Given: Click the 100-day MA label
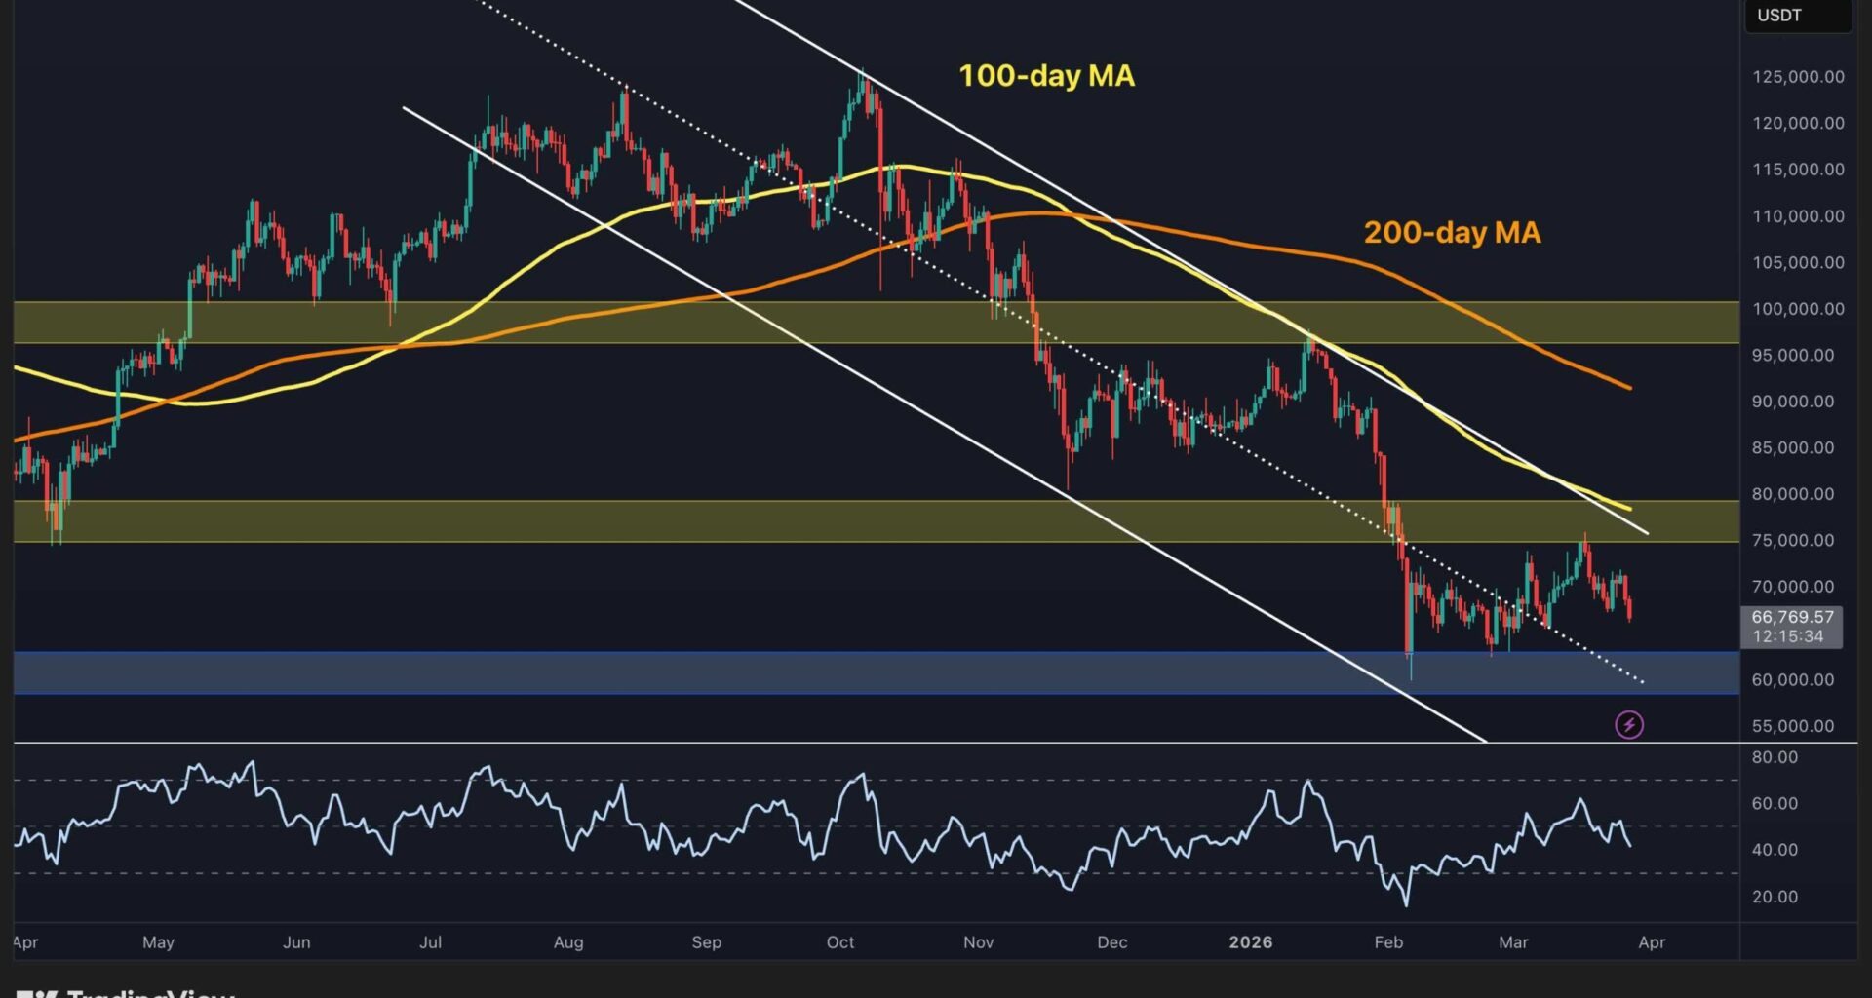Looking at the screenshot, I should [1046, 76].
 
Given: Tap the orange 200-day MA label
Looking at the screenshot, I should [1452, 232].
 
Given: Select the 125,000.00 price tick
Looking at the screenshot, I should [1798, 77].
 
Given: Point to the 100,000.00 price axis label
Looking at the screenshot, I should [1798, 309].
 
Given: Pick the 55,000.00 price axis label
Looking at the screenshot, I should [1792, 726].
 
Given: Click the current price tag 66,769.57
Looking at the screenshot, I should [1792, 617].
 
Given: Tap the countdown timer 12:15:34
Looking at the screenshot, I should [1787, 636].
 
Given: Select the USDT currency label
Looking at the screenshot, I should [1779, 16].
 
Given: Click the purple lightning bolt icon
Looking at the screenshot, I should [1629, 724].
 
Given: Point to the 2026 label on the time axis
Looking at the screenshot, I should [1250, 942].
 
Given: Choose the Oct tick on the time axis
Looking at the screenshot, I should [839, 942].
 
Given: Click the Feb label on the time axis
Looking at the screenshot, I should [1388, 942].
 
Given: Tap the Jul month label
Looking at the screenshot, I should [430, 942].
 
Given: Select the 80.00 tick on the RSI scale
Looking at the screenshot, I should [1774, 757].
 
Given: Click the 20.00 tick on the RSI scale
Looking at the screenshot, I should [1774, 897].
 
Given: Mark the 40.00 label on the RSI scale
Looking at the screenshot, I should [1774, 850].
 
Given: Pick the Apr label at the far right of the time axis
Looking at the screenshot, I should [1652, 942].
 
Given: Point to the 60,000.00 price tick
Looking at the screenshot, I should [1792, 680].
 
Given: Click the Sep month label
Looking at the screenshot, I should [706, 942].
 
